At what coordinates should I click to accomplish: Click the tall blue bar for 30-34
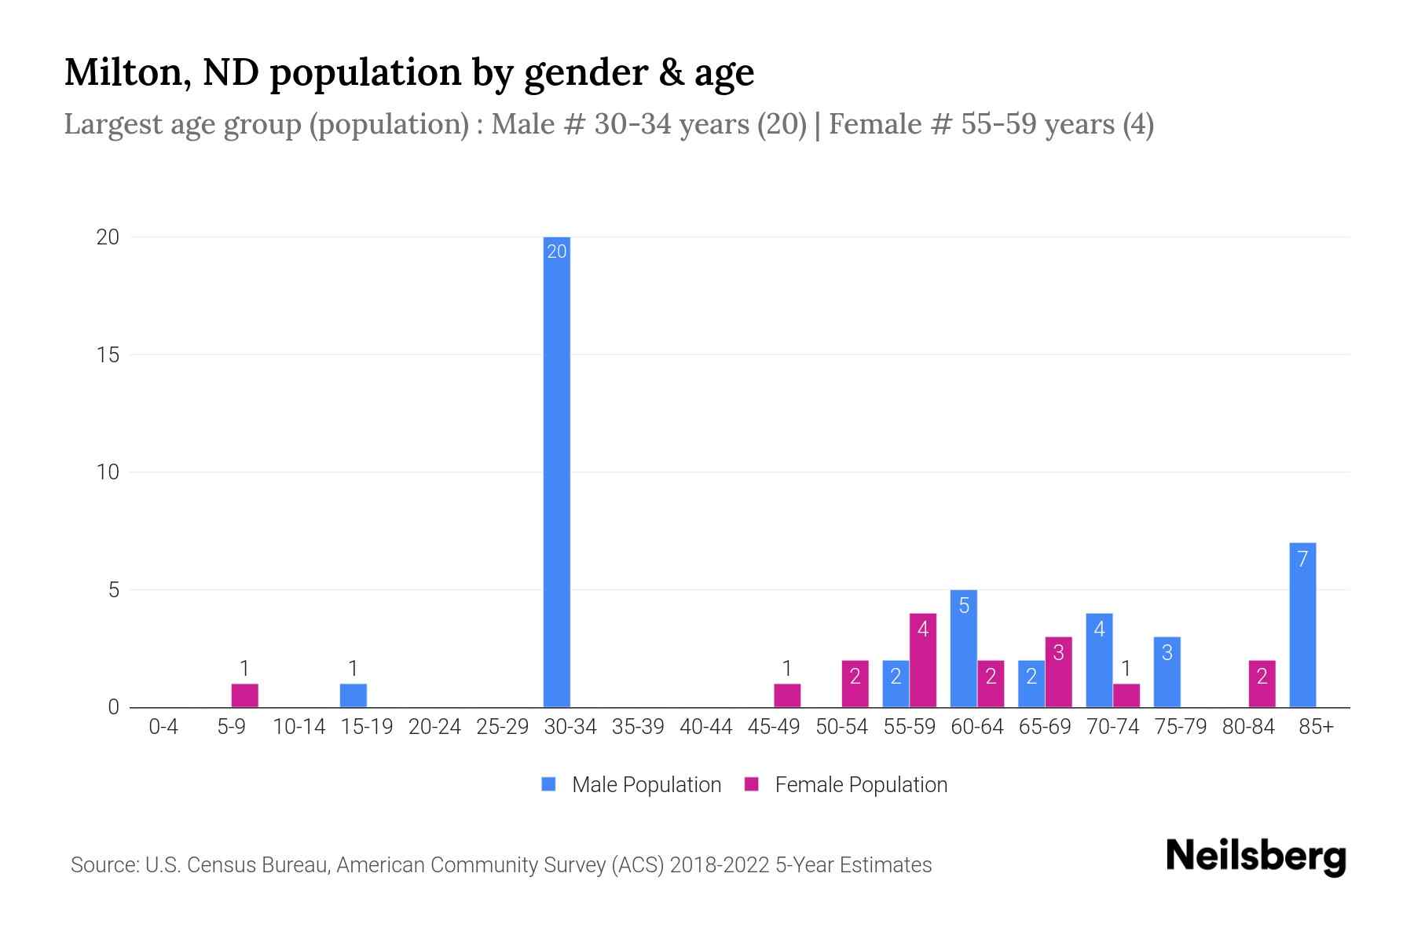[557, 472]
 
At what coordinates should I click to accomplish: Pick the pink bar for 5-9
[244, 695]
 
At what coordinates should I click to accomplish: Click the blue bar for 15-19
[353, 695]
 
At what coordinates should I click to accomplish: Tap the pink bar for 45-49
[787, 695]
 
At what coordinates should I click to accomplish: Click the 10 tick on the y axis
[108, 472]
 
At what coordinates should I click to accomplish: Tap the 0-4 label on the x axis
[163, 727]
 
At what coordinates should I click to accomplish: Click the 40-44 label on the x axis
[705, 727]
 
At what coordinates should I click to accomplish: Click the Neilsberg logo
[1255, 857]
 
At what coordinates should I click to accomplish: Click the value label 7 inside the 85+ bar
[1302, 560]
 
